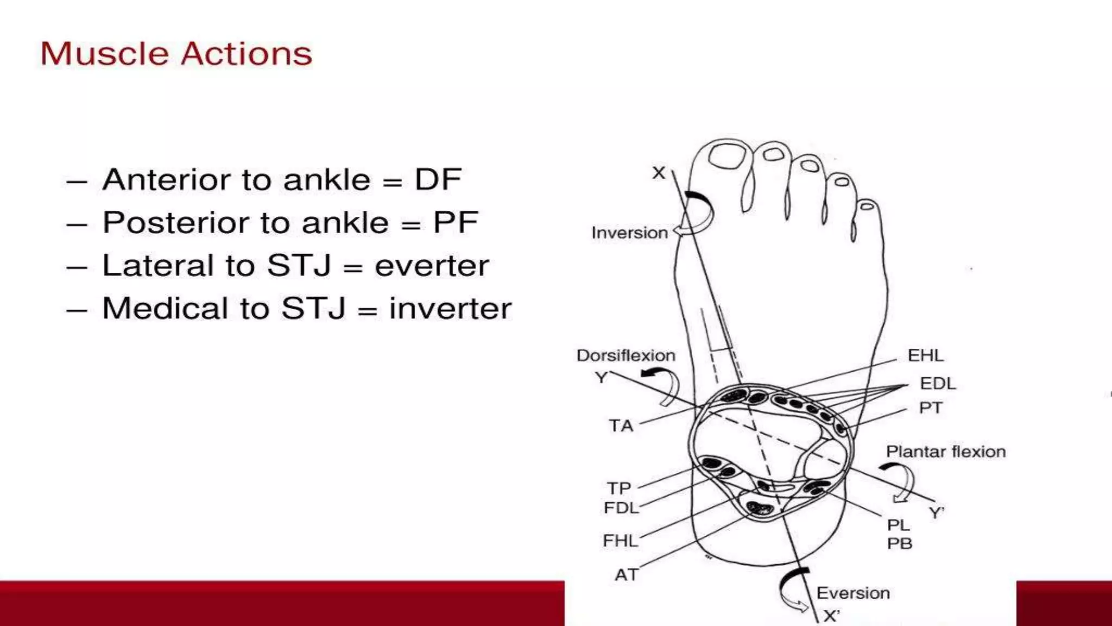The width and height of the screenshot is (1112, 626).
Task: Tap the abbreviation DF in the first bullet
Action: (438, 179)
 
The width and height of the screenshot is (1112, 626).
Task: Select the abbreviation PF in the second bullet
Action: (455, 222)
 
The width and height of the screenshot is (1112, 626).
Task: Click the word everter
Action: (432, 266)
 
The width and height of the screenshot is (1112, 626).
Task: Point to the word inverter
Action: (450, 309)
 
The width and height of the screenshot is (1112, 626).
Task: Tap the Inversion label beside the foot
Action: (629, 233)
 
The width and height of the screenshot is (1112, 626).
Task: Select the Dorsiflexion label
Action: (625, 355)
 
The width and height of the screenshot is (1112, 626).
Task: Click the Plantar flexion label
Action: (945, 452)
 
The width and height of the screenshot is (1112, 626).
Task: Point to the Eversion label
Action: (852, 593)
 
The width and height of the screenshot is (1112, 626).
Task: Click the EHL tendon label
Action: (925, 355)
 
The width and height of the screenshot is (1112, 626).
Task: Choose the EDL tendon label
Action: (938, 384)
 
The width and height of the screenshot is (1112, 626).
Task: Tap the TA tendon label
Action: (621, 425)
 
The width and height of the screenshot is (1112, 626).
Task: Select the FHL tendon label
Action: (620, 541)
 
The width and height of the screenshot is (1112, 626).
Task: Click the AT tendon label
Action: (625, 575)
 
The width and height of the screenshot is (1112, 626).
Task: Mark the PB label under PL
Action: (899, 543)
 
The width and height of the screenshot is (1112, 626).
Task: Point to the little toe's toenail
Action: (867, 206)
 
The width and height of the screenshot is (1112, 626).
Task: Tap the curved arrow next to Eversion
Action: (793, 590)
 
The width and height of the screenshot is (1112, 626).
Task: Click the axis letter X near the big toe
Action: (659, 173)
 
